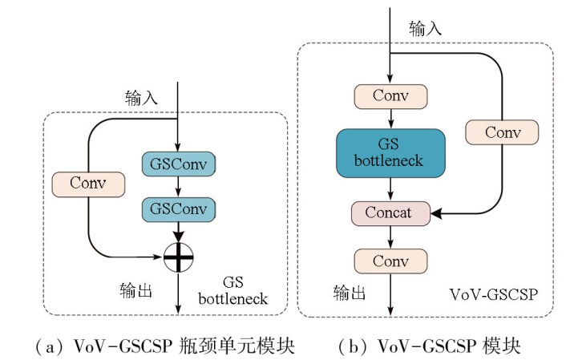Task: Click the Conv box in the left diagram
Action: tap(88, 183)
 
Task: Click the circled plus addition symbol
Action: tap(178, 258)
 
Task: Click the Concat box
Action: tap(390, 213)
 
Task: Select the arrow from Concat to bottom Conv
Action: tap(390, 237)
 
